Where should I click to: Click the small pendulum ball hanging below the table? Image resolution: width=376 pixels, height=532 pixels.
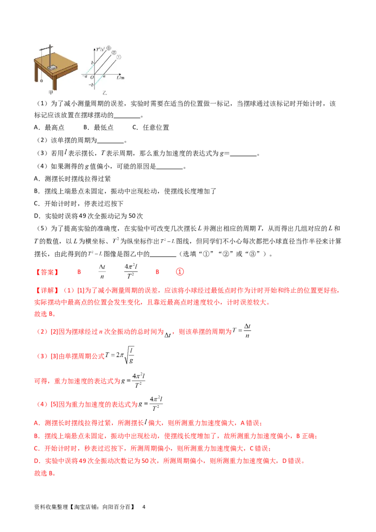pyautogui.click(x=42, y=80)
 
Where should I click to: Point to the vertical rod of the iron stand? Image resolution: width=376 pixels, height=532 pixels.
pyautogui.click(x=50, y=55)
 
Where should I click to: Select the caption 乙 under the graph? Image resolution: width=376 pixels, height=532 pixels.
pyautogui.click(x=105, y=94)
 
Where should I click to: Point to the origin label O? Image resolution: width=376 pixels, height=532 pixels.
pyautogui.click(x=92, y=77)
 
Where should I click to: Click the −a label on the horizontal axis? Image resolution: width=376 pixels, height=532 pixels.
pyautogui.click(x=84, y=77)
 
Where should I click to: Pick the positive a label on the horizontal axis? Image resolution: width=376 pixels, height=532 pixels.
pyautogui.click(x=104, y=77)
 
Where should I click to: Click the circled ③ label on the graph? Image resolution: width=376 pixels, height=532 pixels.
pyautogui.click(x=108, y=48)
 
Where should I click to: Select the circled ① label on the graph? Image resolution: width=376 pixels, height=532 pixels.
pyautogui.click(x=119, y=57)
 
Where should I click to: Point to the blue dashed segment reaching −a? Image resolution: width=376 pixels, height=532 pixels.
pyautogui.click(x=89, y=70)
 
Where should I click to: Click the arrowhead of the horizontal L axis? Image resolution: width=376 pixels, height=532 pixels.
pyautogui.click(x=120, y=74)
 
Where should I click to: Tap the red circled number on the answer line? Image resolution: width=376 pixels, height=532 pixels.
pyautogui.click(x=180, y=271)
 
